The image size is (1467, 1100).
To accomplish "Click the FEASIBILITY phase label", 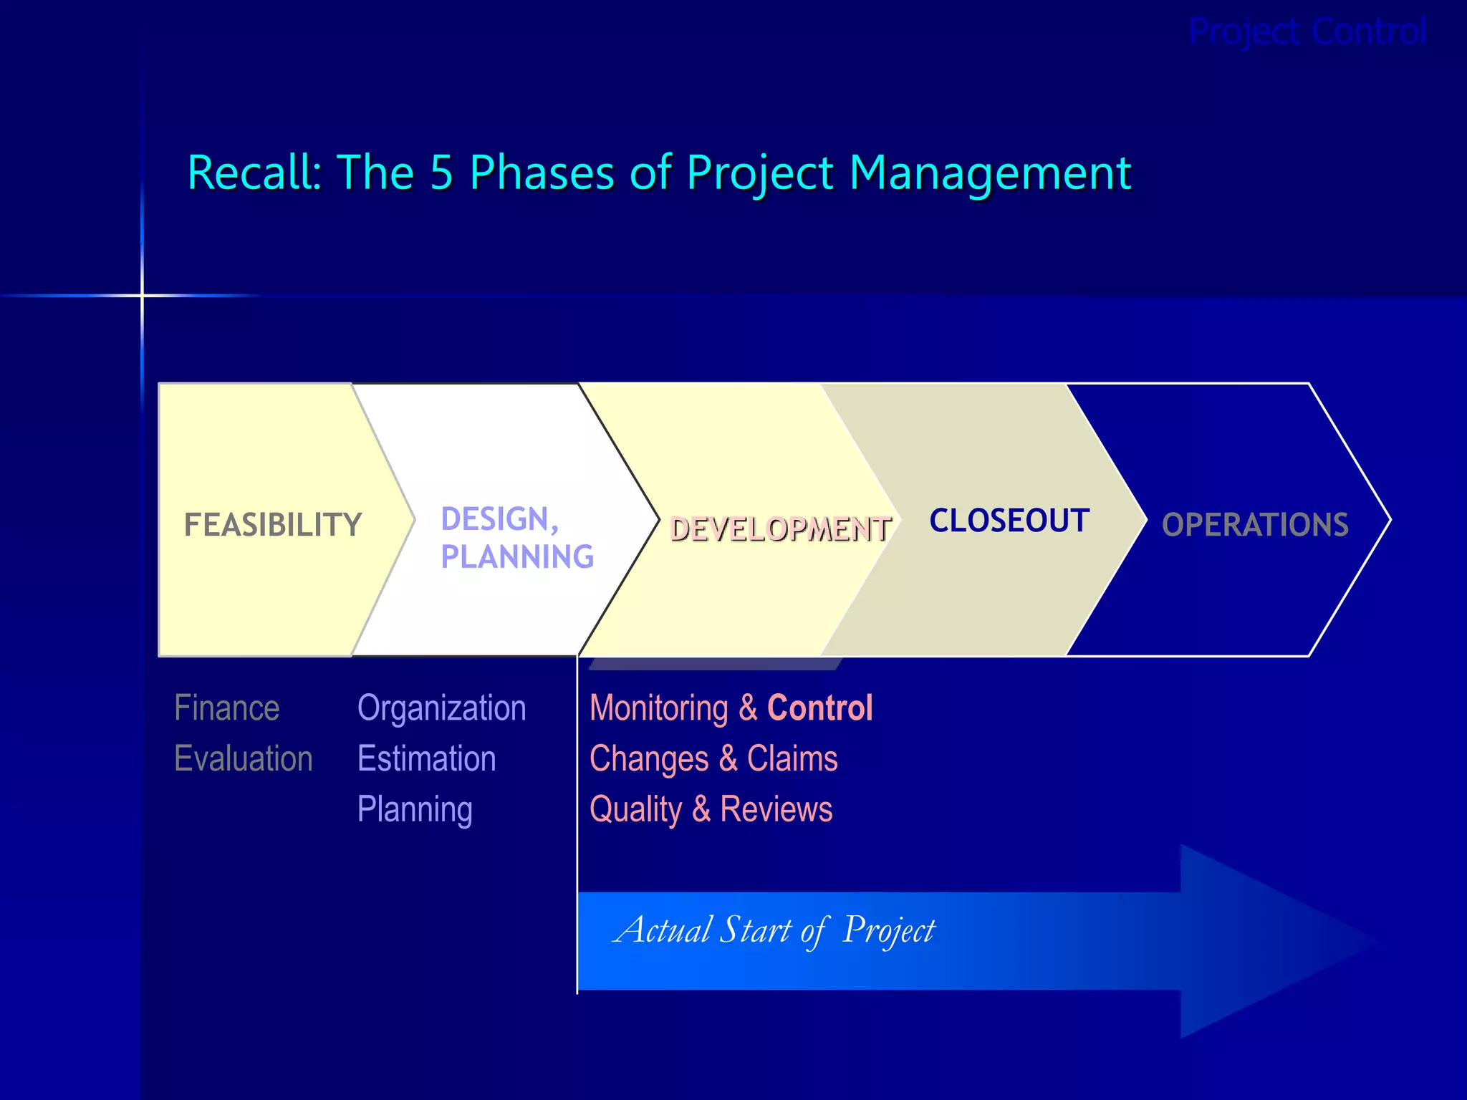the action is (273, 525).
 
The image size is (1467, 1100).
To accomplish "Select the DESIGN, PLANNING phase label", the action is (516, 538).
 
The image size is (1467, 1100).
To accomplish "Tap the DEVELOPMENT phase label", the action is (780, 529).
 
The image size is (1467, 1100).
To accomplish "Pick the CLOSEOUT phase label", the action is (1009, 521).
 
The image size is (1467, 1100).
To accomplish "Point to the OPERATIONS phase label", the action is (1255, 525).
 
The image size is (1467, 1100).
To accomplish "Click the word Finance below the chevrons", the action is (226, 708).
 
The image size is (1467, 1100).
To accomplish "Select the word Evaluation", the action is (244, 758).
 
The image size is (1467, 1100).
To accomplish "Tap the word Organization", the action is (441, 708).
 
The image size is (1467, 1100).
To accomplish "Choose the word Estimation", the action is (426, 758).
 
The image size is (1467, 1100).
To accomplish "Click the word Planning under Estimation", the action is (415, 810).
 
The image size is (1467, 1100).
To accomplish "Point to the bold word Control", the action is (819, 708).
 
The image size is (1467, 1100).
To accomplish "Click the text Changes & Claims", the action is (713, 758).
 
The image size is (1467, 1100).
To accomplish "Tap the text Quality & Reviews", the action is (711, 810).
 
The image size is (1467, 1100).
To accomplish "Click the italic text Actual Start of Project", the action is (774, 930).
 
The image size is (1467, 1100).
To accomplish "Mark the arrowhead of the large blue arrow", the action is (1275, 941).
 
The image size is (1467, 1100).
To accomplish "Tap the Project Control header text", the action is (1307, 32).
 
